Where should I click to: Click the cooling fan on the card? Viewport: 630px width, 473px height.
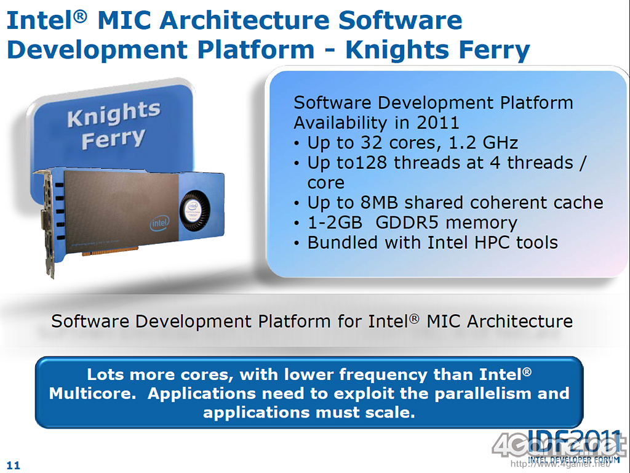coord(194,211)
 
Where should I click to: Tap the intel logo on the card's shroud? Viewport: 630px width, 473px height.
coord(159,223)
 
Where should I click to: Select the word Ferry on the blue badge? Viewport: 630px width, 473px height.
coord(113,139)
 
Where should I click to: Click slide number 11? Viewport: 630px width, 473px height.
coord(14,466)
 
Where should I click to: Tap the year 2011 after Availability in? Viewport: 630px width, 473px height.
coord(437,123)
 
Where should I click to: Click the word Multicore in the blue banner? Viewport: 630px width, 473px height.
coord(92,394)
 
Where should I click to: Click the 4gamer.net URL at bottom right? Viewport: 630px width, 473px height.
coord(560,464)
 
